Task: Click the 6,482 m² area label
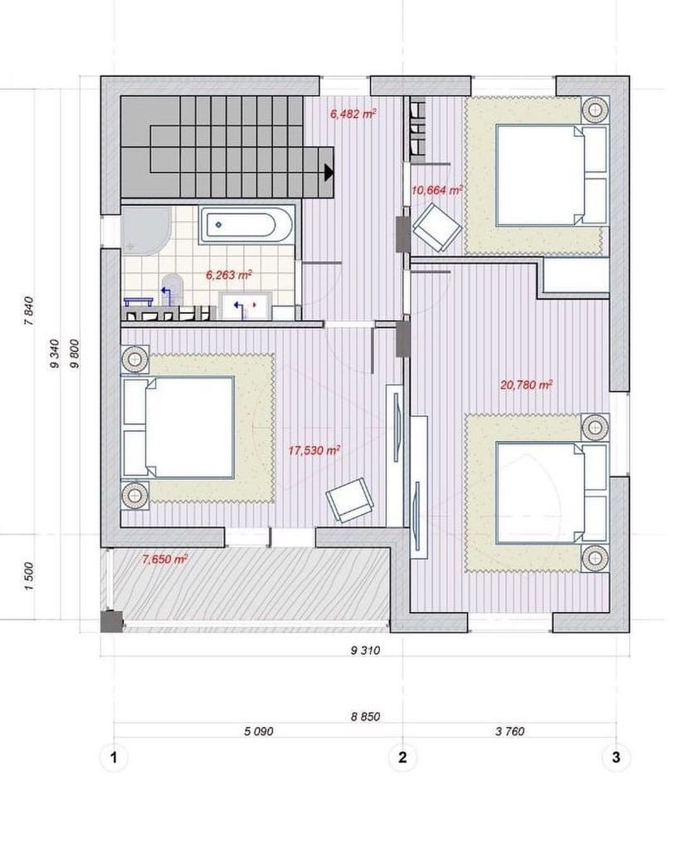pos(353,114)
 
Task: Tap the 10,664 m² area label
pos(437,190)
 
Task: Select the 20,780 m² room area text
pos(526,385)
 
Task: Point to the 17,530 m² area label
pos(314,450)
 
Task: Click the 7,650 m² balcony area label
pos(165,559)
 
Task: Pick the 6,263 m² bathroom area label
pos(230,275)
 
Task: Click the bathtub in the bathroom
pos(247,224)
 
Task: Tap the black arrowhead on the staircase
pos(329,173)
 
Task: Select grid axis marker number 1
pos(113,757)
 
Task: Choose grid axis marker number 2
pos(402,757)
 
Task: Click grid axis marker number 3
pos(616,757)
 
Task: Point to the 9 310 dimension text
pos(366,651)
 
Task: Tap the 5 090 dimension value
pos(259,731)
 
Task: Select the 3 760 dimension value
pos(509,731)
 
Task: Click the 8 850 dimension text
pos(366,717)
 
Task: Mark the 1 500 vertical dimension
pos(30,576)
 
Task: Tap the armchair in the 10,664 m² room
pos(436,227)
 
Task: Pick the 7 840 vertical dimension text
pos(30,311)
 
